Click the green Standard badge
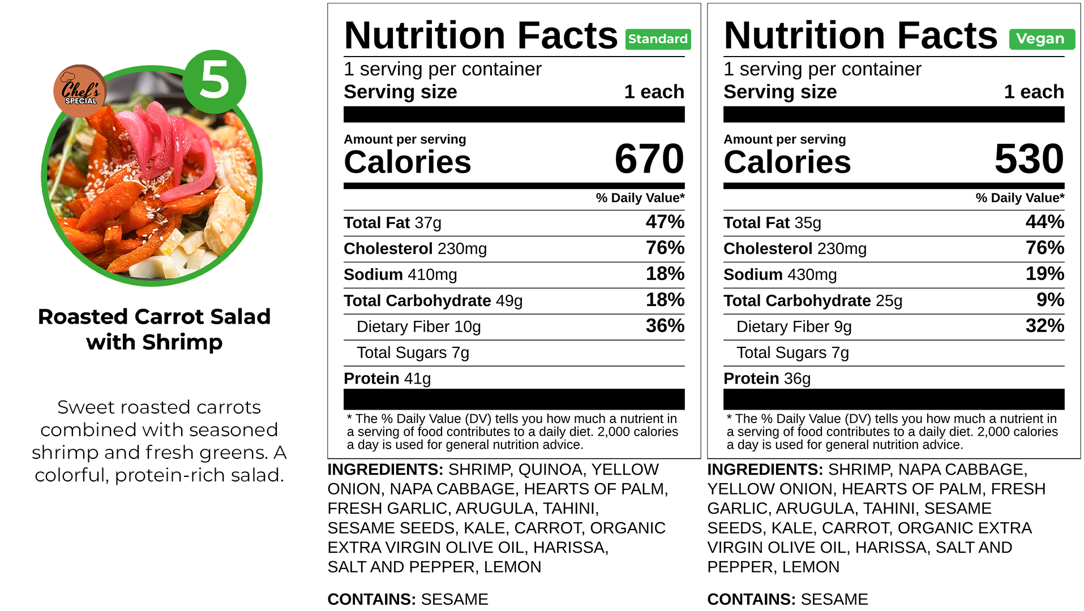[658, 39]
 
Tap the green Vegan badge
[1041, 39]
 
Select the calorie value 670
[649, 159]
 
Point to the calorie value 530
[1029, 159]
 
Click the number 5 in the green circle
[215, 80]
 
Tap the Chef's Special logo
[80, 91]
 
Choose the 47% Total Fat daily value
[665, 222]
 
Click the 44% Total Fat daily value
[1044, 222]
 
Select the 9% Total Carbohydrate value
[1050, 300]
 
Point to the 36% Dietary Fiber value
[665, 326]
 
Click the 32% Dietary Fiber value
[1044, 326]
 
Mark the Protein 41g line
[387, 378]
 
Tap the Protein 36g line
[767, 378]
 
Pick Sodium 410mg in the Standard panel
[400, 274]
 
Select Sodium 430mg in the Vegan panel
[780, 274]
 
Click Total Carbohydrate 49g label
[433, 300]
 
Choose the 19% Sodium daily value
[1044, 274]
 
